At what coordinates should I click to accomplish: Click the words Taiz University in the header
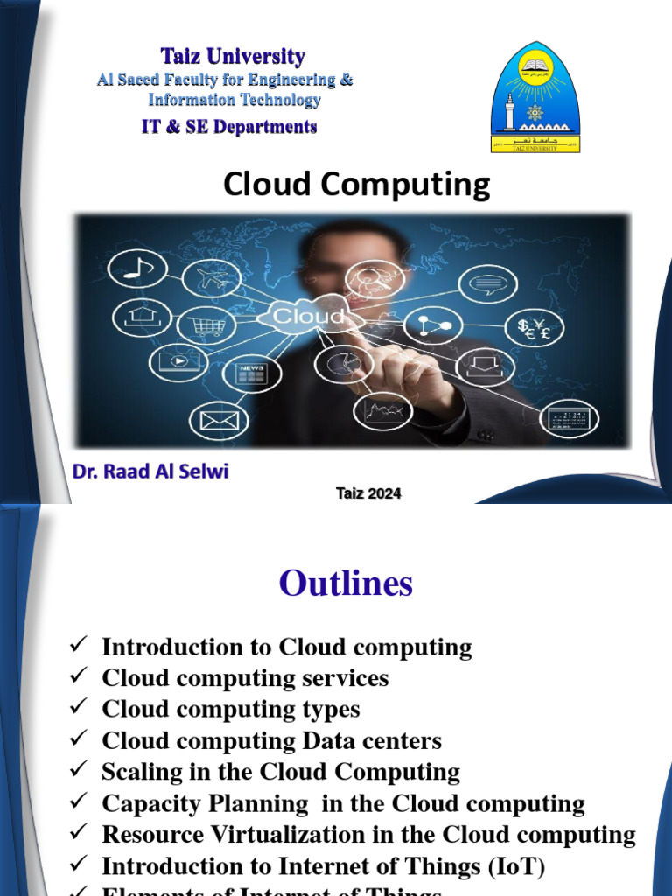tap(233, 58)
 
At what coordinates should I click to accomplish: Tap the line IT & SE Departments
tap(229, 127)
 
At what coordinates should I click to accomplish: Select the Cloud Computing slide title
tap(356, 185)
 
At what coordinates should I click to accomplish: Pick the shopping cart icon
tap(206, 327)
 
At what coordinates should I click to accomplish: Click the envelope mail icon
tap(219, 421)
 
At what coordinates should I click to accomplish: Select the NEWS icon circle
tap(253, 374)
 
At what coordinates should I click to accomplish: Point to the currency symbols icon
tap(535, 328)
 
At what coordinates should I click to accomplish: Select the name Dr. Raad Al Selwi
tap(151, 473)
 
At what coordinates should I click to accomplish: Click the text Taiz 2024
tap(368, 493)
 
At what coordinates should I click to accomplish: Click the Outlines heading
tap(346, 584)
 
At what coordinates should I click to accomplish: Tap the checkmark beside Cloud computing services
tap(77, 677)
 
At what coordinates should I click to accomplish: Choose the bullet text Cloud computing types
tap(231, 709)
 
